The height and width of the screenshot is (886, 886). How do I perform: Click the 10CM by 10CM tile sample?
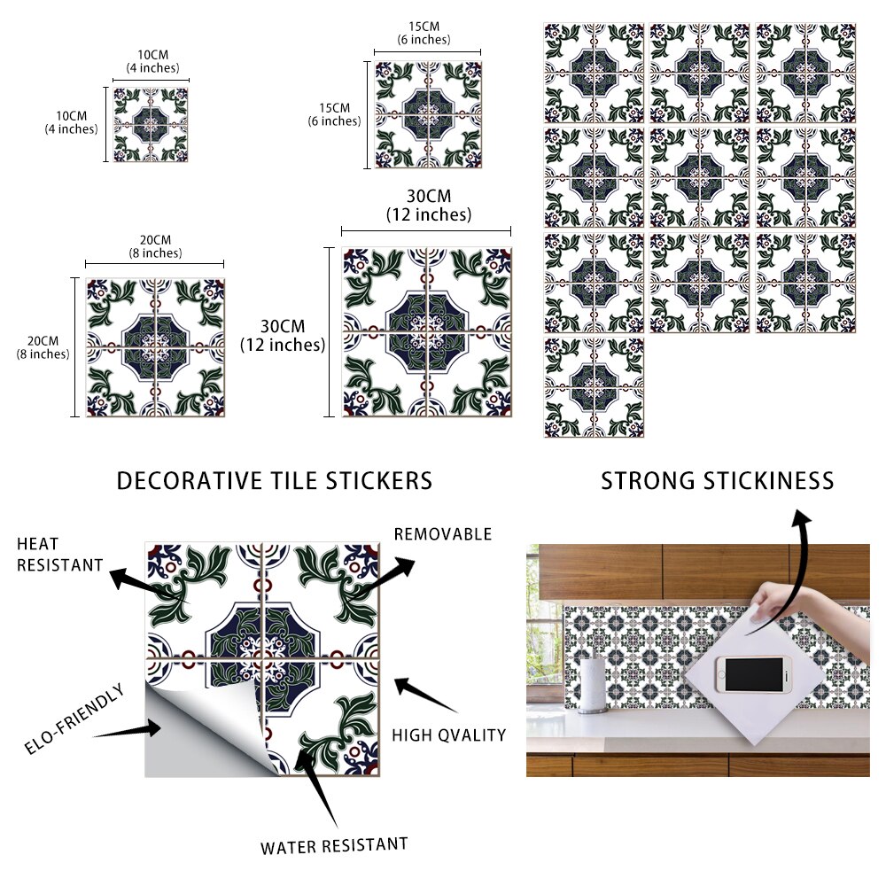151,124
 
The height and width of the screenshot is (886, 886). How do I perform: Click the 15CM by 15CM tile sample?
428,114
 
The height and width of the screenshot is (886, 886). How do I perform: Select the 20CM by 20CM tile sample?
155,347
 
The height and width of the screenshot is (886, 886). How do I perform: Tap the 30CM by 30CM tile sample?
427,331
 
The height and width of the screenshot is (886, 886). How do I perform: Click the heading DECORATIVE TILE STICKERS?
275,481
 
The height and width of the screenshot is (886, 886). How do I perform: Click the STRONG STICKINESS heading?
718,481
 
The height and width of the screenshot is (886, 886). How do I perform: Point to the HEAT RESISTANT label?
59,554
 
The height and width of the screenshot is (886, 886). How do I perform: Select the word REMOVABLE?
442,534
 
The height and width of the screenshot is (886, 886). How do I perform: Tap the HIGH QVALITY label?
449,734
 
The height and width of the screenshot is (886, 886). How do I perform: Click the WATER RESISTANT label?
334,845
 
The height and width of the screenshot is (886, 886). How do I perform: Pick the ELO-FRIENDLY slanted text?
74,719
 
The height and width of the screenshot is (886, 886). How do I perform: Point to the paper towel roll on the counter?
596,684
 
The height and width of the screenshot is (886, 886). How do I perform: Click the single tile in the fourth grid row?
594,387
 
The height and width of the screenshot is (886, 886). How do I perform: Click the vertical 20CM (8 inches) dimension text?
43,347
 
